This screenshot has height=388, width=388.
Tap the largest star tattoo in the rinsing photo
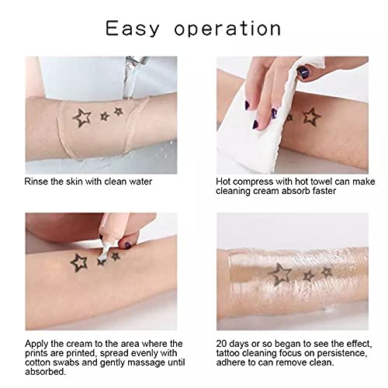tap(81, 118)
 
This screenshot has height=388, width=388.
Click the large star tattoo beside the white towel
tap(311, 117)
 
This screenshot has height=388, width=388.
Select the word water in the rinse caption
tap(158, 181)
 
